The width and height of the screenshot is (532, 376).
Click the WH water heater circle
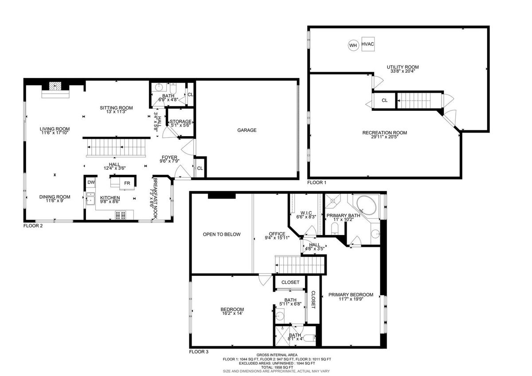tap(353, 45)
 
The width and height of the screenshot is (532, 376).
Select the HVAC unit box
tap(368, 44)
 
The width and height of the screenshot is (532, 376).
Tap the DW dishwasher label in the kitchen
tap(91, 182)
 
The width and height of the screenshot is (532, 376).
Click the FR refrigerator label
tap(127, 183)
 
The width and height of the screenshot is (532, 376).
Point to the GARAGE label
tap(247, 130)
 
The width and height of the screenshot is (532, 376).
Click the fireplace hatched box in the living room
tap(55, 86)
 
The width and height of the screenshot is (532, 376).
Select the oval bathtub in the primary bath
tap(366, 205)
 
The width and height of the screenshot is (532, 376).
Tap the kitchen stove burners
tap(121, 215)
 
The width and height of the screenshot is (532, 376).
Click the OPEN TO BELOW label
tap(222, 235)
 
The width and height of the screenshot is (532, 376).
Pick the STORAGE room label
tap(180, 121)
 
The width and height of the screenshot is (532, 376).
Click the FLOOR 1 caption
tap(317, 182)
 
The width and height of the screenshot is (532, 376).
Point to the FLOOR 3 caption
tap(199, 352)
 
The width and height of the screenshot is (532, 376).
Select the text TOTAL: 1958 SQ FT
tap(277, 367)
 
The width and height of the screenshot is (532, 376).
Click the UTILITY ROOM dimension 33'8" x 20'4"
tap(403, 71)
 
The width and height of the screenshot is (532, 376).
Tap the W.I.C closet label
tap(306, 213)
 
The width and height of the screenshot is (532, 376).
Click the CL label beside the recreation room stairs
tap(384, 101)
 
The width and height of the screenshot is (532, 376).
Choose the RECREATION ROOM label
tap(384, 133)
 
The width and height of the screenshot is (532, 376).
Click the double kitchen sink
tap(90, 199)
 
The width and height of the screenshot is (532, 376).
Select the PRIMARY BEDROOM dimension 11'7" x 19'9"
tap(351, 299)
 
